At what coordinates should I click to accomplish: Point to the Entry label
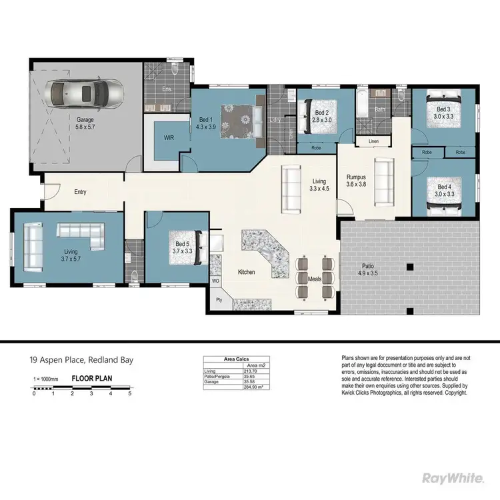click(x=80, y=192)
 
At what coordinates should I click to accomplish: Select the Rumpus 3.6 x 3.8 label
click(x=356, y=181)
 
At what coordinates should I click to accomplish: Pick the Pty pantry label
click(x=218, y=301)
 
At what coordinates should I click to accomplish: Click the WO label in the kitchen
click(x=215, y=281)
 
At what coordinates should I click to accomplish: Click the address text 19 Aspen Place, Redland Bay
click(x=81, y=360)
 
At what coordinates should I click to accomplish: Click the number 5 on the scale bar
click(x=129, y=393)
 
